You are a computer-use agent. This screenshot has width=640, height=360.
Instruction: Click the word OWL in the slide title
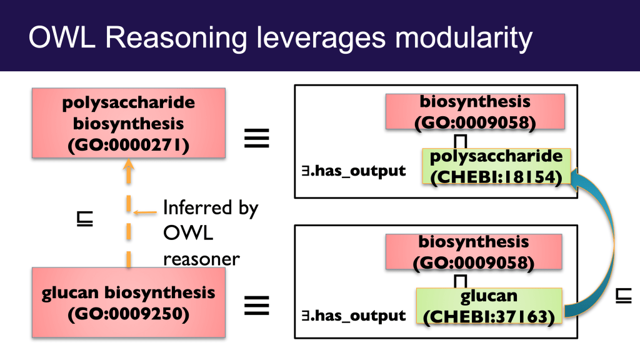[x=62, y=37]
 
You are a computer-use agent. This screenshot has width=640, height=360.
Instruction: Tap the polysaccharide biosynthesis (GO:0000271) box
[x=129, y=123]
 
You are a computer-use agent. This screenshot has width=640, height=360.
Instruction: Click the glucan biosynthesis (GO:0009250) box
[x=129, y=302]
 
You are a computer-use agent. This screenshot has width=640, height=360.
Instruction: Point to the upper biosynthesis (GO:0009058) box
[x=475, y=111]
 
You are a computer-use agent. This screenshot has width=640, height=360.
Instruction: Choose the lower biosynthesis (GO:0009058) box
[x=474, y=251]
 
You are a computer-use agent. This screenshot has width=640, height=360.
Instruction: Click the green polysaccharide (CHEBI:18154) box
[x=496, y=166]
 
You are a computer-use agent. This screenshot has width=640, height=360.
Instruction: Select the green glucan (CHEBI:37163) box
[x=489, y=306]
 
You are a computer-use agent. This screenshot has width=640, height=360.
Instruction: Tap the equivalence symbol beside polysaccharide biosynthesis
[x=257, y=138]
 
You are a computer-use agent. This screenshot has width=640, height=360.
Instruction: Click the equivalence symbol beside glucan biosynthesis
[x=257, y=305]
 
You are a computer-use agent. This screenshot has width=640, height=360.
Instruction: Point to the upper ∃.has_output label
[x=354, y=171]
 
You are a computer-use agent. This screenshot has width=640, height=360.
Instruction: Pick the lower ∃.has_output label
[x=354, y=316]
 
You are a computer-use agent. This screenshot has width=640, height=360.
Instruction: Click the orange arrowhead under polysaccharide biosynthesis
[x=129, y=164]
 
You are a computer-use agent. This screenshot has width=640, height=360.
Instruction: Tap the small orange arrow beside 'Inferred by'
[x=145, y=212]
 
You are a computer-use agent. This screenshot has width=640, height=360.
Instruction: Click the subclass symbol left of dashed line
[x=85, y=219]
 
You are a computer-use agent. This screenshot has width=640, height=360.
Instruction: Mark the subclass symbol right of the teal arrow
[x=623, y=296]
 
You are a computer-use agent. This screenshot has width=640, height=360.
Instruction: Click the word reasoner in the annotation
[x=202, y=259]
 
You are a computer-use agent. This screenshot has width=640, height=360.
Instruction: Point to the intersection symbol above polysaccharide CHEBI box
[x=461, y=141]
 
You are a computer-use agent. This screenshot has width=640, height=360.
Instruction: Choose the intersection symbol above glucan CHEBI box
[x=461, y=281]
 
